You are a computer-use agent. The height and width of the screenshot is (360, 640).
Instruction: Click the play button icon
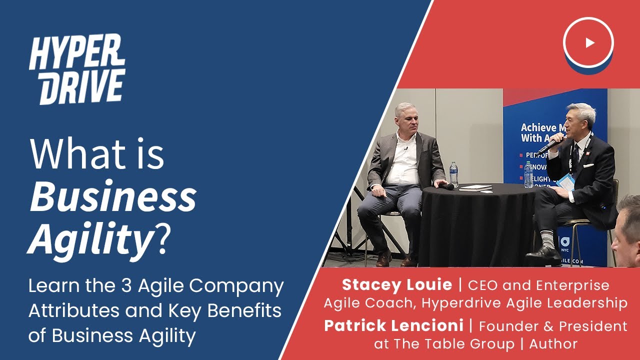pyautogui.click(x=588, y=42)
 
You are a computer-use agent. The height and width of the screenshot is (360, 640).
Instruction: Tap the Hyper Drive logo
pyautogui.click(x=77, y=70)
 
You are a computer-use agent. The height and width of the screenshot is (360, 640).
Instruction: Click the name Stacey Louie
pyautogui.click(x=397, y=285)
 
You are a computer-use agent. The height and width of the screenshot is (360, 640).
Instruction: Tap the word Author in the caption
pyautogui.click(x=553, y=344)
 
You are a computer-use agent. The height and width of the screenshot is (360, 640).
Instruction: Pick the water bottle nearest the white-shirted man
pyautogui.click(x=453, y=173)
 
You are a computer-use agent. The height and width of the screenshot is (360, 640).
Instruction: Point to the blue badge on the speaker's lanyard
pyautogui.click(x=566, y=181)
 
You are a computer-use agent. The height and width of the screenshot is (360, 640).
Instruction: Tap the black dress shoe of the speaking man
pyautogui.click(x=543, y=255)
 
